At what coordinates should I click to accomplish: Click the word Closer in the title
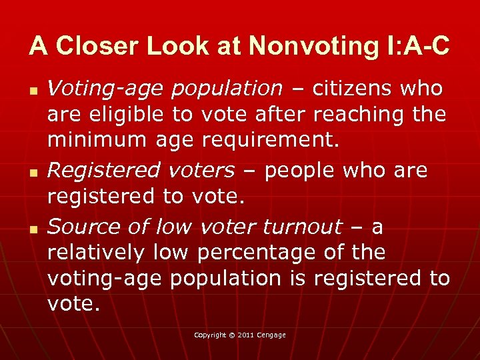(x=87, y=46)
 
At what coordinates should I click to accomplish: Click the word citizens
(x=351, y=88)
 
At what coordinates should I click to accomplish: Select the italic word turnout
(x=302, y=227)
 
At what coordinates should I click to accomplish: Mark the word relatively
(x=96, y=253)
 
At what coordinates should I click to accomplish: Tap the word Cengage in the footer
(x=271, y=335)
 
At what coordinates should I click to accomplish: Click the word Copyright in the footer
(x=210, y=335)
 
